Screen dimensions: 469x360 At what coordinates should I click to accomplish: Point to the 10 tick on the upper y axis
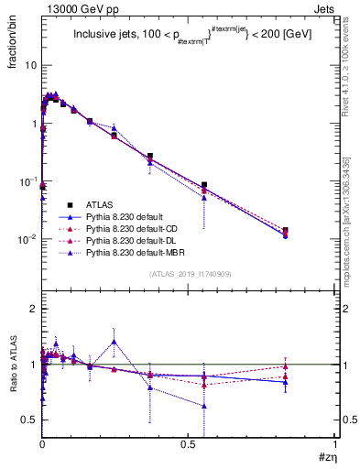click(31, 66)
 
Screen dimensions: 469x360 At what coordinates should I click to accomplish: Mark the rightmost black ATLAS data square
click(311, 231)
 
